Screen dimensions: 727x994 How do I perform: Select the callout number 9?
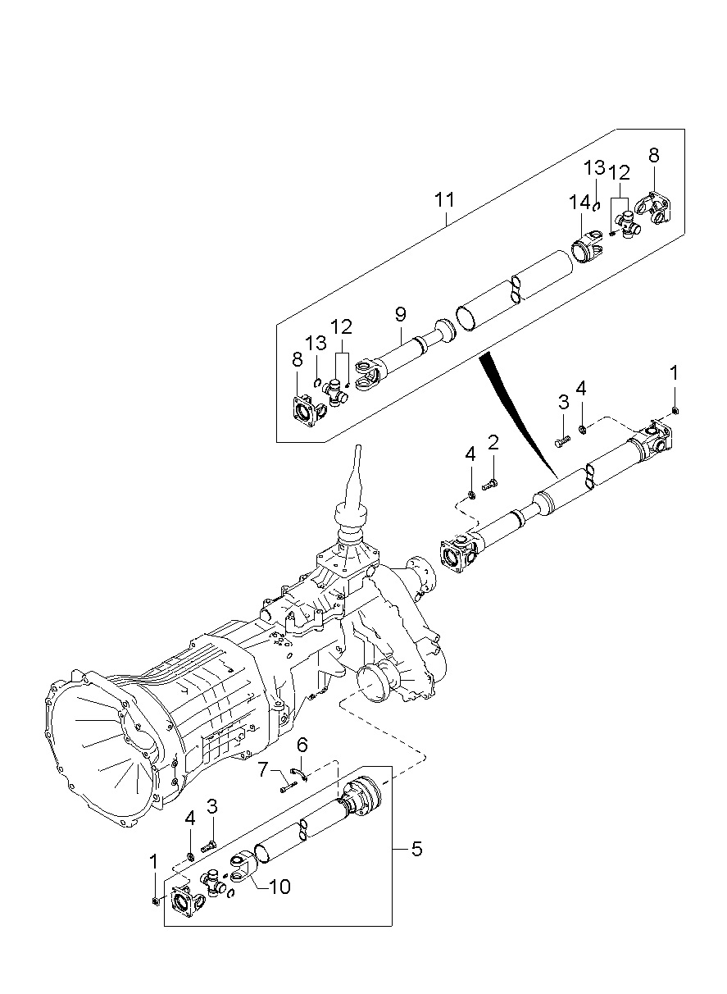pos(400,314)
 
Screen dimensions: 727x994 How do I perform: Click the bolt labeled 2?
pos(489,486)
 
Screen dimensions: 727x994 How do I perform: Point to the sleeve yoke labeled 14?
pos(586,247)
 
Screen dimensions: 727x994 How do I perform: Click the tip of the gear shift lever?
pos(359,446)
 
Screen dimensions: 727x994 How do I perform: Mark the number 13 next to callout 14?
pos(594,168)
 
